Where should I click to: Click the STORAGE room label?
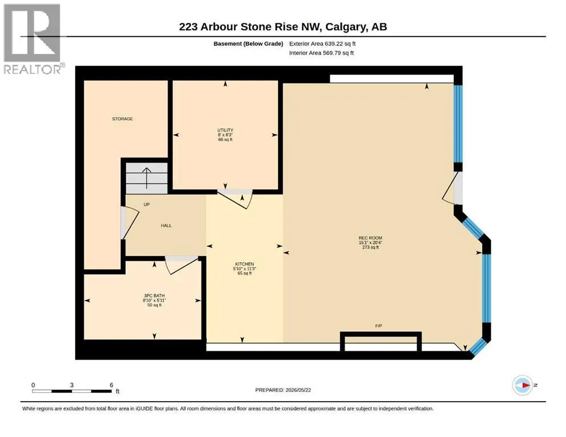click(123, 118)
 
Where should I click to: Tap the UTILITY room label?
click(225, 130)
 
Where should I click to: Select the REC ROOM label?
click(370, 238)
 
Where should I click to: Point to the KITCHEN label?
click(245, 264)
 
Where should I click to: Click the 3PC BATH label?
click(154, 296)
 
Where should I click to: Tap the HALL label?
click(166, 225)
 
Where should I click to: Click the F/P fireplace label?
click(378, 325)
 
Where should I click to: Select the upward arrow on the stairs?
click(146, 178)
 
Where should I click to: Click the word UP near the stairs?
click(146, 204)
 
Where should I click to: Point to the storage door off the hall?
click(129, 224)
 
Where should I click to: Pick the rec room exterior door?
click(452, 188)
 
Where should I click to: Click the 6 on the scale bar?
click(112, 385)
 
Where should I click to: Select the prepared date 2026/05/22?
click(298, 390)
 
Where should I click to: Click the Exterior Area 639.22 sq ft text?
click(323, 44)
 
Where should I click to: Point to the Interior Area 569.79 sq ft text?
click(321, 52)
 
